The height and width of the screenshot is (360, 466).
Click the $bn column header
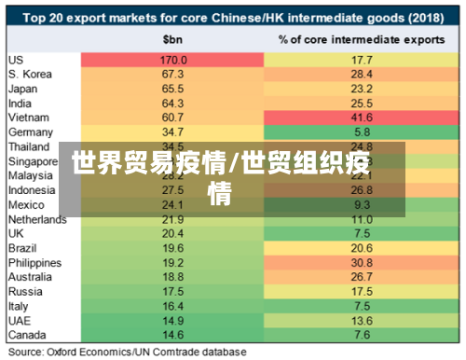tap(173, 40)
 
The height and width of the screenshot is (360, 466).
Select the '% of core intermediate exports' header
tap(363, 40)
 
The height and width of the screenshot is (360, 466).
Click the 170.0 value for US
tap(173, 60)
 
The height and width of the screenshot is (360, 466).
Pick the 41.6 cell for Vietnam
tap(363, 118)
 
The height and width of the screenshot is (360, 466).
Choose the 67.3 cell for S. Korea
tap(173, 74)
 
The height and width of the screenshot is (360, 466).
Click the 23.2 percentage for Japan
tap(363, 89)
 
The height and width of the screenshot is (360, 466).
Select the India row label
tap(20, 104)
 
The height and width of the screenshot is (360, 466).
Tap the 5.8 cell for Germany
tap(363, 132)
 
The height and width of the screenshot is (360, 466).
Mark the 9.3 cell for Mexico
tap(363, 204)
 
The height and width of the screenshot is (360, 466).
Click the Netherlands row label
tap(36, 219)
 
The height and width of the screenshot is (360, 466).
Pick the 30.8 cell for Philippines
tap(363, 263)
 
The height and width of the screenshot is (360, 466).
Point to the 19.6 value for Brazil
tap(173, 248)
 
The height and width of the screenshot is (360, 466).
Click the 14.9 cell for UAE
tap(173, 321)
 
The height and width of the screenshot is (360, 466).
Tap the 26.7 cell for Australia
tap(363, 277)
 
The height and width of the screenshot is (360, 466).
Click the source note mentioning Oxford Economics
tap(127, 352)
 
